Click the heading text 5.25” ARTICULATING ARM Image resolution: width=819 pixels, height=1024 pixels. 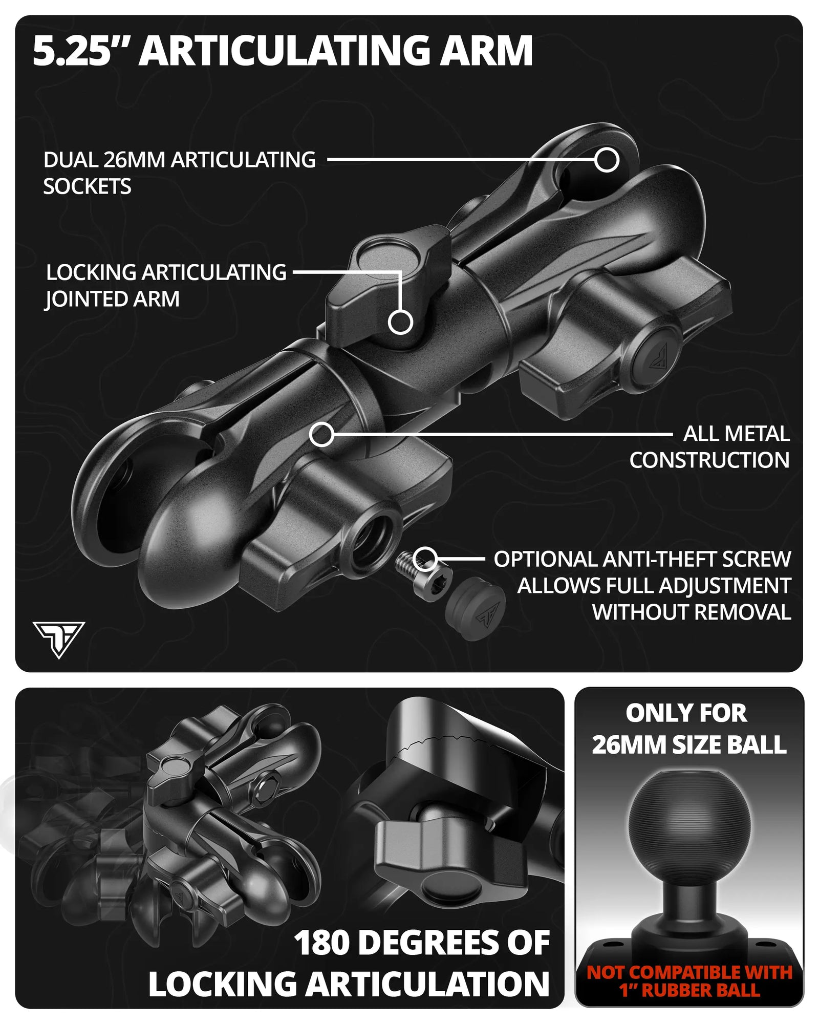pos(283,51)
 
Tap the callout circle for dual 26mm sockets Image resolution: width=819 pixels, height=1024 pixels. pos(607,160)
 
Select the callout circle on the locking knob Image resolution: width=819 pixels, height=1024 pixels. pos(400,322)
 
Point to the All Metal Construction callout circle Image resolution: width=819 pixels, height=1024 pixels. pos(322,435)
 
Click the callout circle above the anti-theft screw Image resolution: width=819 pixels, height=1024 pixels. pos(425,559)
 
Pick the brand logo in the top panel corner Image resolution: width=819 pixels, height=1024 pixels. pos(59,639)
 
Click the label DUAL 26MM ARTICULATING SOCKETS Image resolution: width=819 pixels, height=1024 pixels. pos(179,173)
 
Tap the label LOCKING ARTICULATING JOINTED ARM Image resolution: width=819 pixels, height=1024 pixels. pos(166,286)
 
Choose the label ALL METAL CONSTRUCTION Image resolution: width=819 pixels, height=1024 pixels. pos(709,447)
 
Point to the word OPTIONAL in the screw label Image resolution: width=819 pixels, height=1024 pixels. pos(546,559)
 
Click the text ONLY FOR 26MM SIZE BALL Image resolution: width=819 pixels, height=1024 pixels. pos(689,729)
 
